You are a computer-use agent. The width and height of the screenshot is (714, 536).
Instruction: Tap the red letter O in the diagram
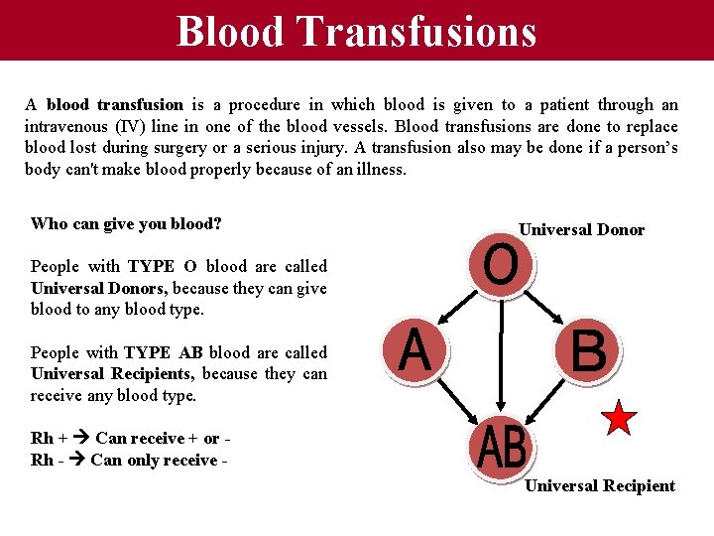(x=501, y=266)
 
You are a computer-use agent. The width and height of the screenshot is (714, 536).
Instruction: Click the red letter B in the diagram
(x=588, y=350)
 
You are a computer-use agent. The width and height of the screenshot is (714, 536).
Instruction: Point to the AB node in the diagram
(x=501, y=448)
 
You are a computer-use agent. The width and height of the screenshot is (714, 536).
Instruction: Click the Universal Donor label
(x=581, y=230)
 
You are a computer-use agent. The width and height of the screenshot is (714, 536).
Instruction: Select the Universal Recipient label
(x=599, y=485)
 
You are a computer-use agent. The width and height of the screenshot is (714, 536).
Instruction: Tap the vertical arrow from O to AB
(x=501, y=357)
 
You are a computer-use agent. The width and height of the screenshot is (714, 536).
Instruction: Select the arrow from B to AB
(x=555, y=402)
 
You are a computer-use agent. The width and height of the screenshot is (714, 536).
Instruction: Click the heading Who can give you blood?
(x=126, y=223)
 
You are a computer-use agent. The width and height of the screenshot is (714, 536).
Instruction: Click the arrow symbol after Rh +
(x=78, y=439)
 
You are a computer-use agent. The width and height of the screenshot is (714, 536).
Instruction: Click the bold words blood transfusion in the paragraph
(x=115, y=104)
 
